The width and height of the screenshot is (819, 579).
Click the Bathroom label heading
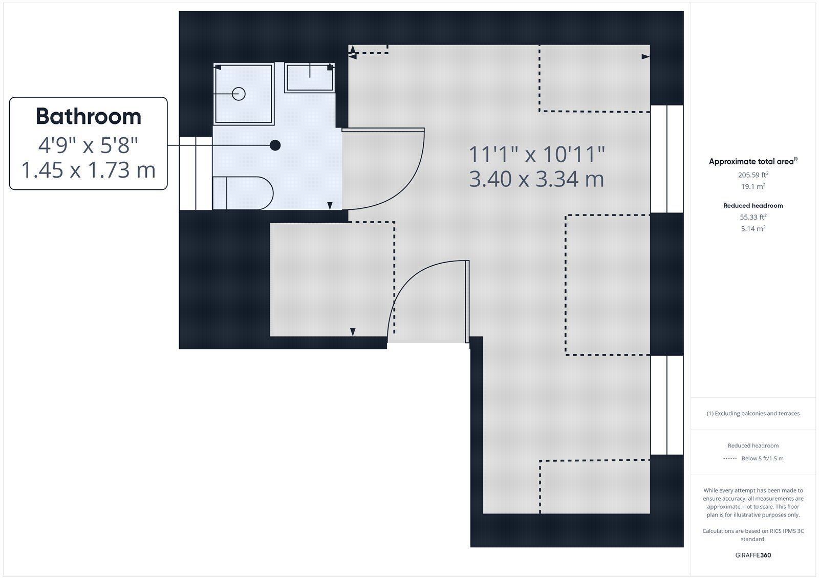[x=88, y=117]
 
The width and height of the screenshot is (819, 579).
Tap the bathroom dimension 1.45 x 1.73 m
[x=88, y=170]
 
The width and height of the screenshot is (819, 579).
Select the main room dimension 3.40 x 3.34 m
[x=536, y=179]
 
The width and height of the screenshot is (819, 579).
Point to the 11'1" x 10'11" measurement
[x=536, y=154]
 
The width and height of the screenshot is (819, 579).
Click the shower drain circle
[x=239, y=94]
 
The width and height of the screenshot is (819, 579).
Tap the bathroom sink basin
[x=309, y=78]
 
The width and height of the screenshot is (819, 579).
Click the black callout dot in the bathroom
[x=275, y=145]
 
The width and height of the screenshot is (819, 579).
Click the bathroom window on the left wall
[x=196, y=173]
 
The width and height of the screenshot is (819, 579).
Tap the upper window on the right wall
[x=666, y=159]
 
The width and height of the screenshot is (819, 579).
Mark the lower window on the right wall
[x=666, y=405]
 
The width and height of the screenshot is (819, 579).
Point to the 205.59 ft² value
[x=753, y=175]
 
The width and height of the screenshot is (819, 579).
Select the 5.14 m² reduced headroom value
[x=753, y=229]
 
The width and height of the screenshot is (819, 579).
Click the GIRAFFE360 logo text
[x=753, y=555]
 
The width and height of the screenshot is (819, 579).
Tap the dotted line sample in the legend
[x=729, y=459]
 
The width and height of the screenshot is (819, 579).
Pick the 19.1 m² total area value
[x=753, y=187]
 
